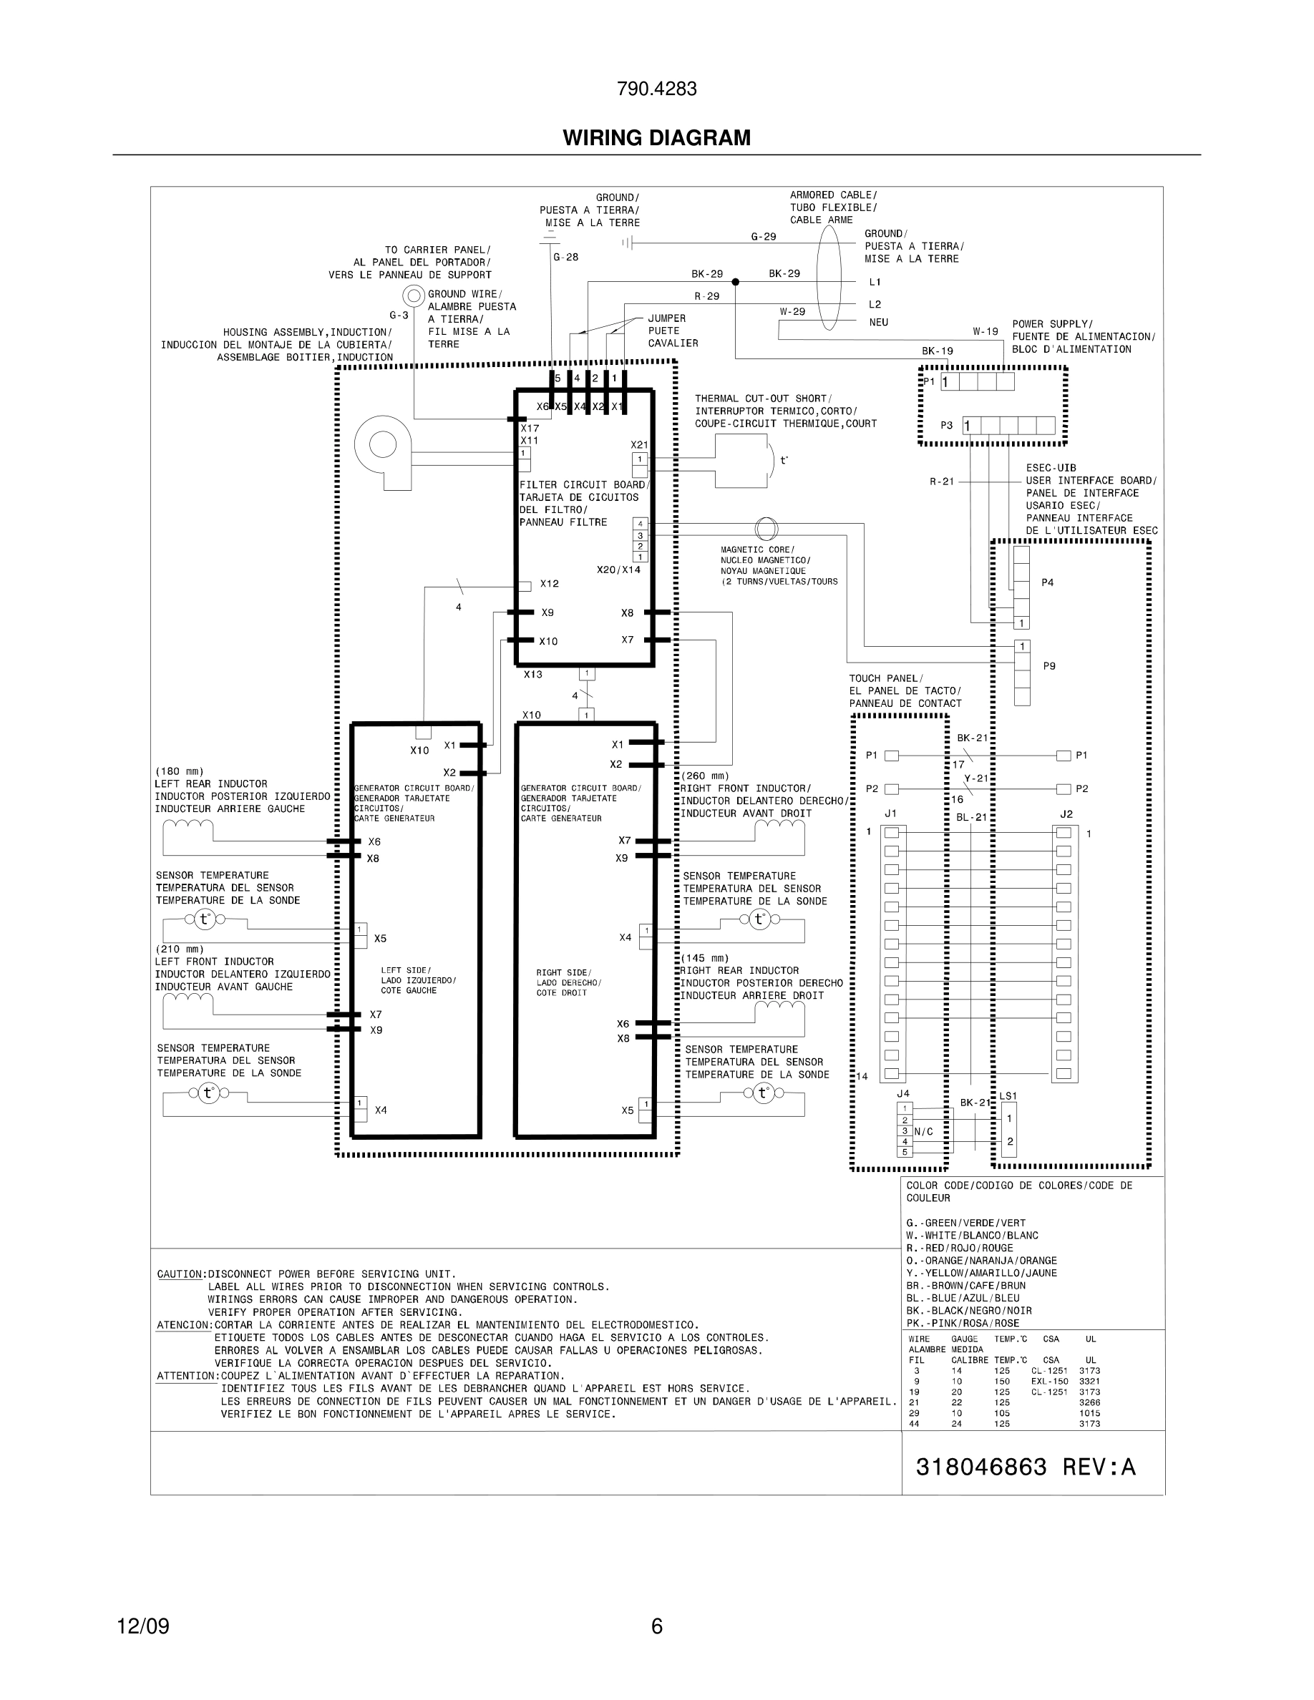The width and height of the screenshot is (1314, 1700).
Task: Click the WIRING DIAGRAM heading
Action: pyautogui.click(x=656, y=138)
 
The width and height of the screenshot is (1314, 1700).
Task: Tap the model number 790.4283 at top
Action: pyautogui.click(x=656, y=89)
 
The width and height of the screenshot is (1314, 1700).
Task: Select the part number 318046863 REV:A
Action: pyautogui.click(x=1025, y=1467)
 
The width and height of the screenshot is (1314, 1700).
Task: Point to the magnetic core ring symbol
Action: pyautogui.click(x=766, y=529)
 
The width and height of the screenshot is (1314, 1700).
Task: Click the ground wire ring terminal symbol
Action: pyautogui.click(x=414, y=295)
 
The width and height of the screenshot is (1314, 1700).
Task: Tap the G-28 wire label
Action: pyautogui.click(x=566, y=257)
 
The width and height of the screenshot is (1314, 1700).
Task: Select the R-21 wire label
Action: pyautogui.click(x=941, y=482)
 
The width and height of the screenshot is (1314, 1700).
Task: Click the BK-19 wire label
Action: pyautogui.click(x=938, y=351)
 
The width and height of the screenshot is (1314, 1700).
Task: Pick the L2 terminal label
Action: pyautogui.click(x=875, y=304)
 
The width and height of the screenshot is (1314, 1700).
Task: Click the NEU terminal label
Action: pyautogui.click(x=878, y=322)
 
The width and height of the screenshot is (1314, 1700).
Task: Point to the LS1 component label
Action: pyautogui.click(x=1008, y=1096)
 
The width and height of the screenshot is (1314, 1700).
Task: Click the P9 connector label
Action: pyautogui.click(x=1049, y=665)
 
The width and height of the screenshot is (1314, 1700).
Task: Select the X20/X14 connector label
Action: pyautogui.click(x=618, y=570)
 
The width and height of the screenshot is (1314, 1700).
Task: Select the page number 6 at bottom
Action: pyautogui.click(x=656, y=1626)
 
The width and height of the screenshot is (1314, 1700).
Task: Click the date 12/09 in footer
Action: pyautogui.click(x=143, y=1626)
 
